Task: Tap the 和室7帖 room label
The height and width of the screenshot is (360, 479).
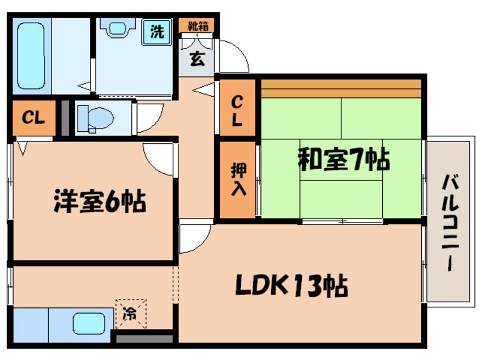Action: [x=344, y=160]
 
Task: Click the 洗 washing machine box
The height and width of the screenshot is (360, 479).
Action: [x=157, y=32]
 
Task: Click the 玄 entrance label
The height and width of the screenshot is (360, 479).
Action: [x=196, y=58]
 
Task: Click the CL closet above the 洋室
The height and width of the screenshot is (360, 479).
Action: [x=33, y=118]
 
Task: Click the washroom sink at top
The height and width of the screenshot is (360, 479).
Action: [x=118, y=28]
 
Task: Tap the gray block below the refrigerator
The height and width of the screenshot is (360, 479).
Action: [x=144, y=338]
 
